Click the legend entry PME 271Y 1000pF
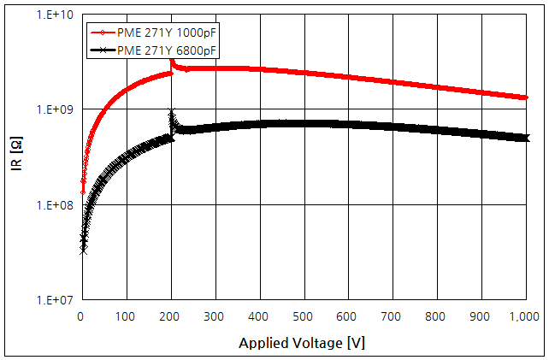click(166, 33)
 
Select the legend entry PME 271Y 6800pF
click(166, 50)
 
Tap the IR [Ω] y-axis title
click(16, 157)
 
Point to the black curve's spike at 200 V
click(172, 114)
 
